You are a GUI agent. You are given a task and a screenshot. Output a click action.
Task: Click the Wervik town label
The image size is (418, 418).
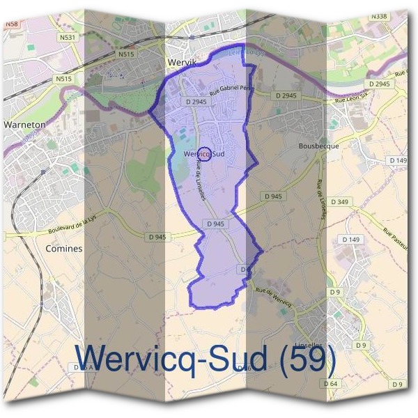tap(184, 62)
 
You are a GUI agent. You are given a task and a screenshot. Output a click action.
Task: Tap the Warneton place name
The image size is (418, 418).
tap(24, 125)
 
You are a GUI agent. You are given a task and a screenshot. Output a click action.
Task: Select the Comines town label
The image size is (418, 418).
tap(63, 248)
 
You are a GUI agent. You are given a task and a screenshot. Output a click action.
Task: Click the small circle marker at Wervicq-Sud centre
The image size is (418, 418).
tap(205, 154)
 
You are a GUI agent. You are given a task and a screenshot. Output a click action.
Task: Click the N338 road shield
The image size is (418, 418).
tap(398, 16)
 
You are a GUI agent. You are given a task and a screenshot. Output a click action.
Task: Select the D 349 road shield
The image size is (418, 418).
tap(340, 202)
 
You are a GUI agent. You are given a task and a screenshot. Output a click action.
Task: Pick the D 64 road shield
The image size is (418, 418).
tap(330, 384)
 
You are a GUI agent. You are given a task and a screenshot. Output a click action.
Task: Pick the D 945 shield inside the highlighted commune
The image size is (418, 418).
tap(215, 224)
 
